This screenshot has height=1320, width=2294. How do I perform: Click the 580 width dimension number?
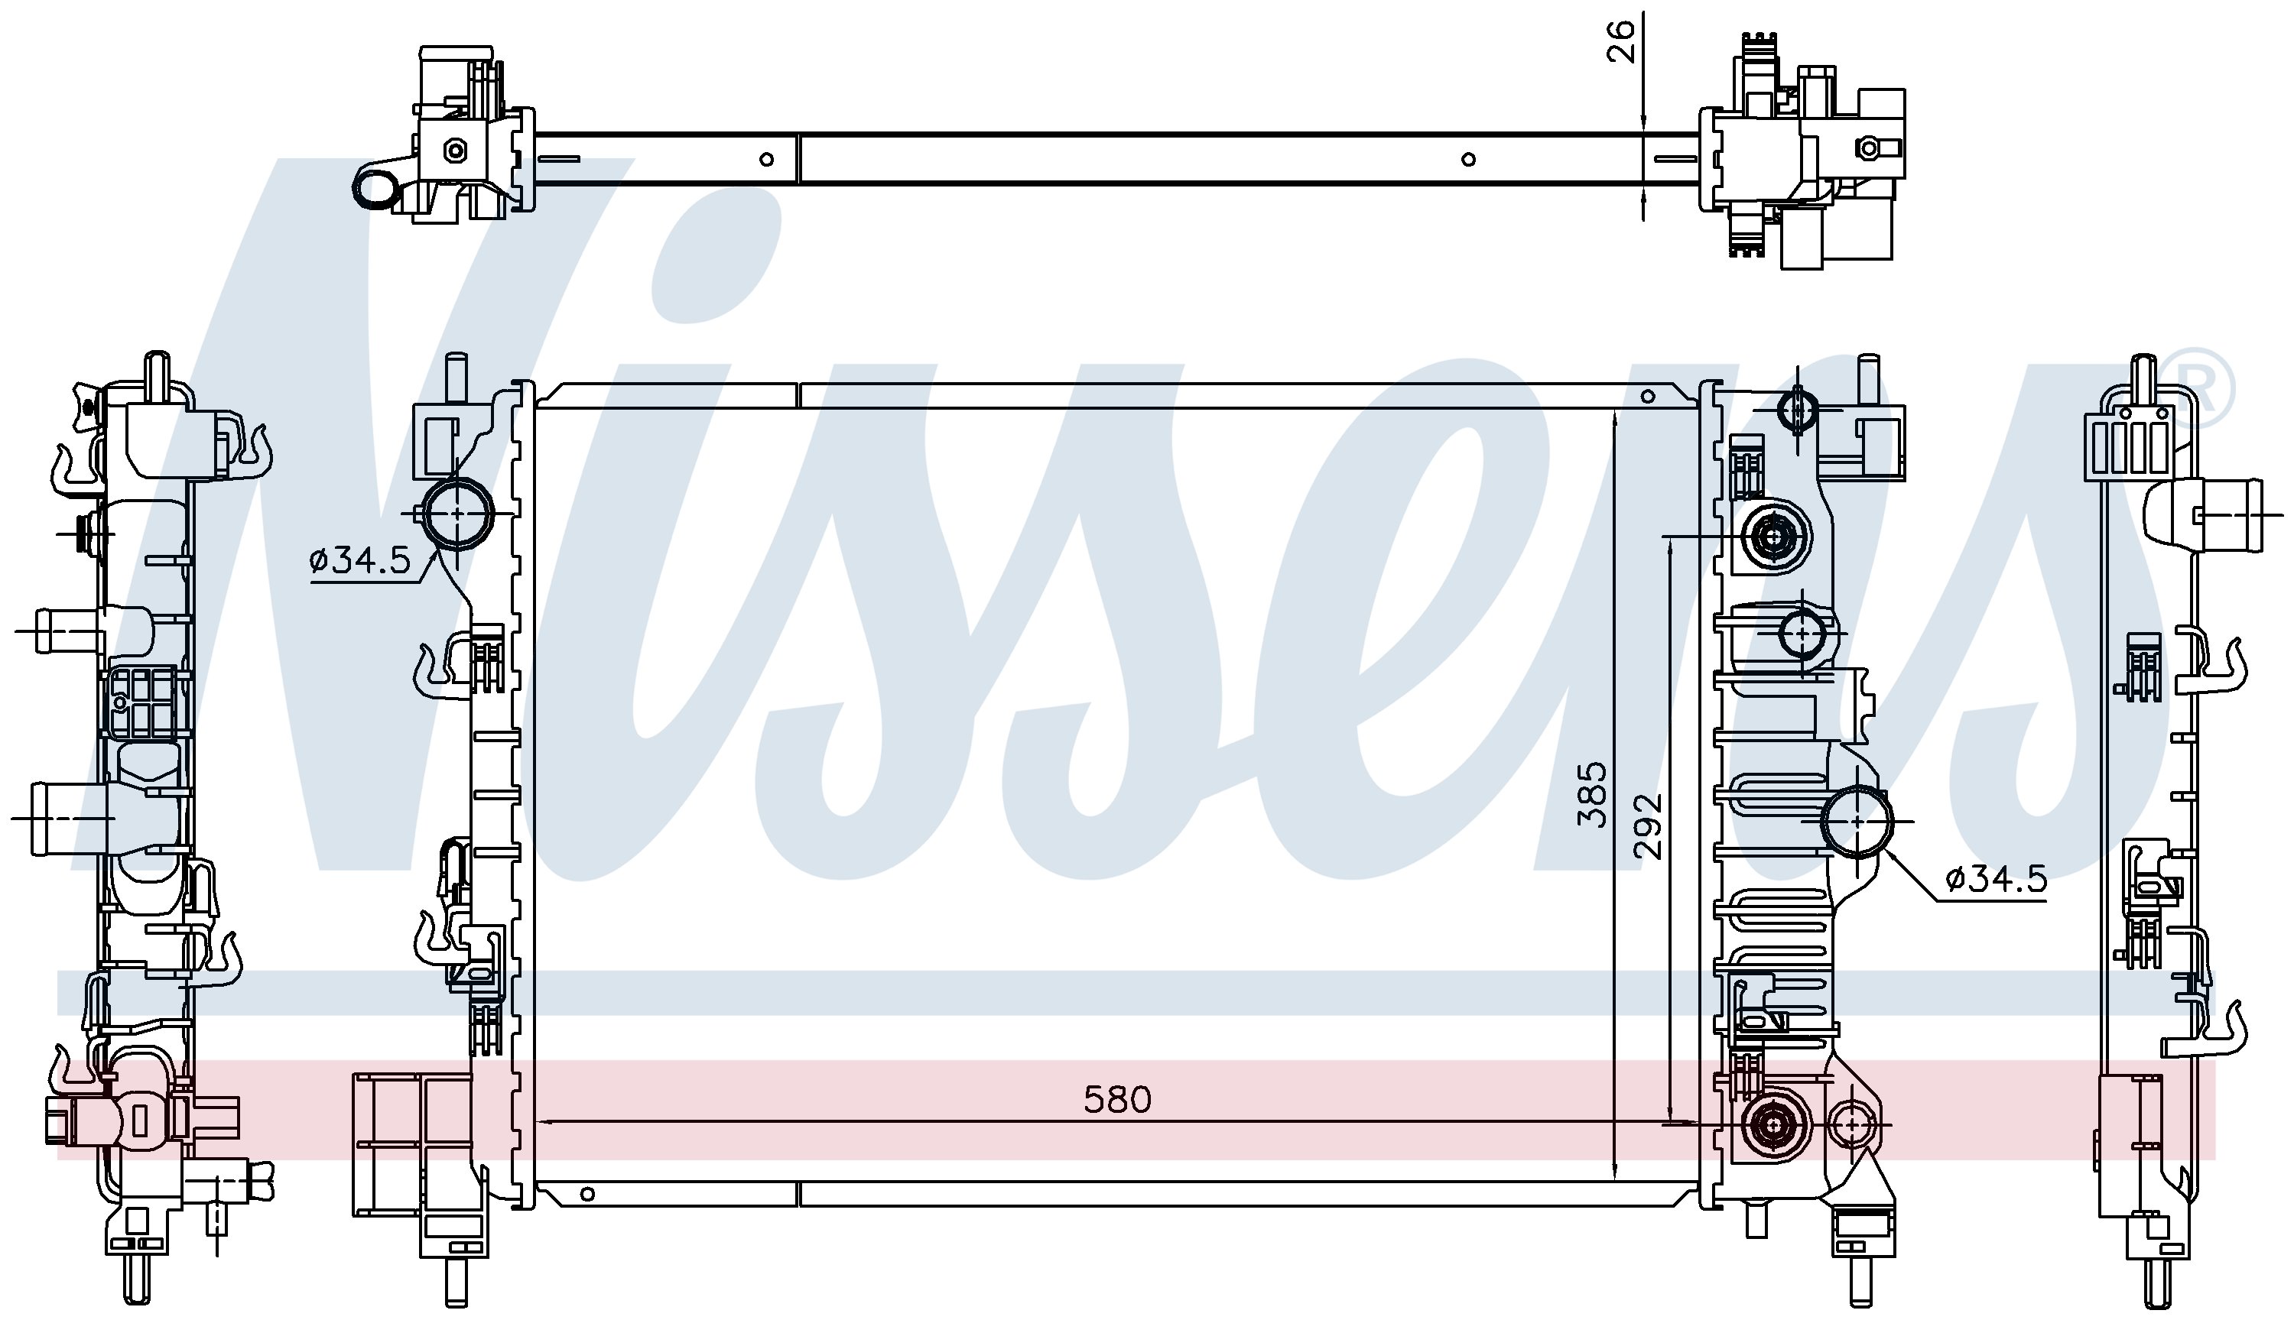pos(1117,1100)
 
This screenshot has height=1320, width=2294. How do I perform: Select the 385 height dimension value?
pos(1592,794)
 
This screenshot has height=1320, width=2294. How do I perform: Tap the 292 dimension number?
pos(1648,826)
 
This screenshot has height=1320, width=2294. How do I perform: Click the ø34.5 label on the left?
pos(360,561)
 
